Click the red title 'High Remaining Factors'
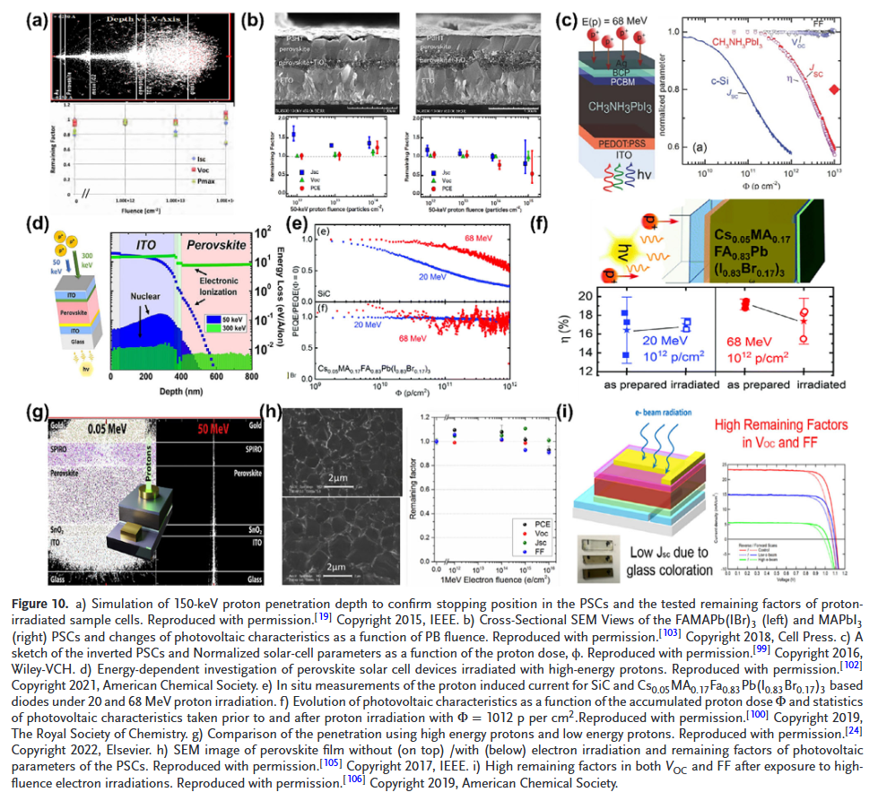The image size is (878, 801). [x=787, y=422]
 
